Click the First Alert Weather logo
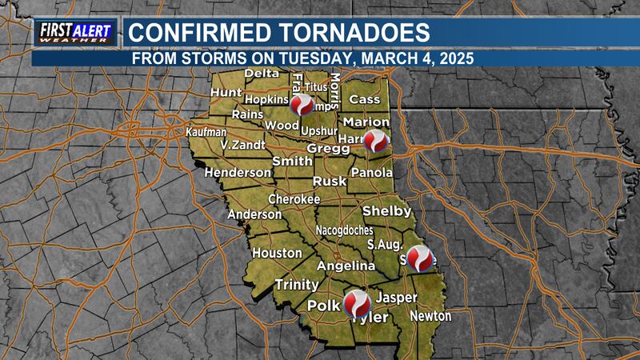77,33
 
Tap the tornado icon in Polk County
357,303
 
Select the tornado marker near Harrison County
376,142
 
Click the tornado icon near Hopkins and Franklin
302,105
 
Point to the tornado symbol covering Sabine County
421,258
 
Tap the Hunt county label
226,94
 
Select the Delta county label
261,74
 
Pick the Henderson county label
238,173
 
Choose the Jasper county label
397,298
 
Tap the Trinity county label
296,284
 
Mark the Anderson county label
254,214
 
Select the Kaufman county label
206,131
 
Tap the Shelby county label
387,211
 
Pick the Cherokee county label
294,198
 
